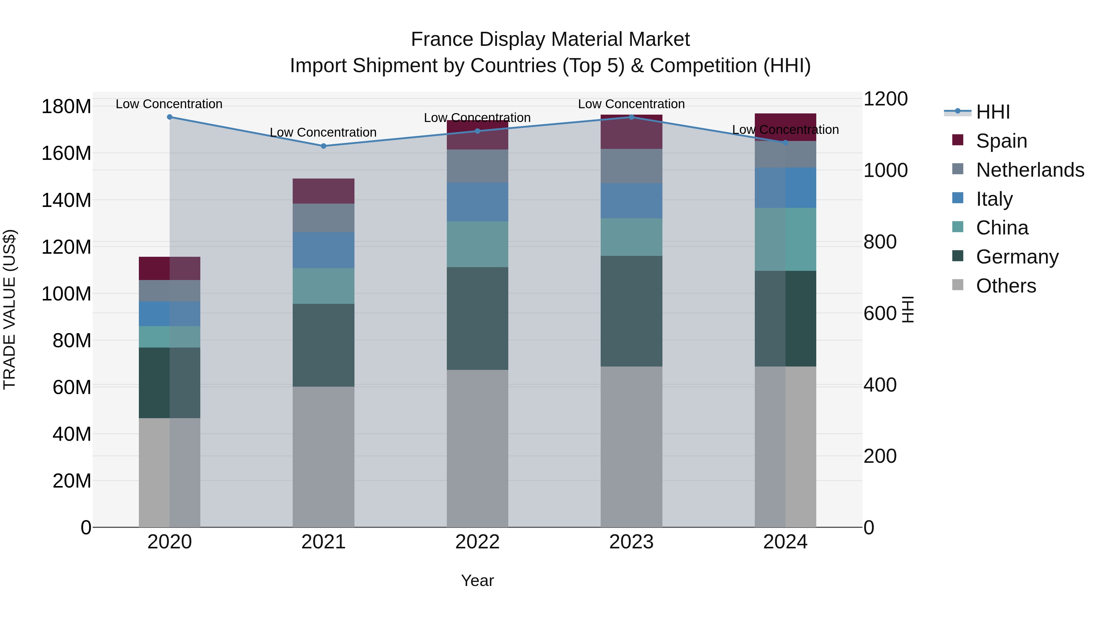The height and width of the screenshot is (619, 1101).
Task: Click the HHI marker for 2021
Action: coord(323,146)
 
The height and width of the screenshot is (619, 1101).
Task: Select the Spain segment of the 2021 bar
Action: coord(323,191)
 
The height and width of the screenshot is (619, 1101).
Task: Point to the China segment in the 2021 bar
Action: coord(323,286)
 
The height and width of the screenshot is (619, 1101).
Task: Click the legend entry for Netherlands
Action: coord(1030,170)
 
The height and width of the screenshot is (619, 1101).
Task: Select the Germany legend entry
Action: coord(1017,257)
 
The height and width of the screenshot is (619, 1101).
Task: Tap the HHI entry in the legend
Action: coord(992,112)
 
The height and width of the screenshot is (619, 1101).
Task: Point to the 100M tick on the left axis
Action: coord(66,294)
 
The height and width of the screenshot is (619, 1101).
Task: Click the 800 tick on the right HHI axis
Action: coord(880,242)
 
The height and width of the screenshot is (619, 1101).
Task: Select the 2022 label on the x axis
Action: coord(477,542)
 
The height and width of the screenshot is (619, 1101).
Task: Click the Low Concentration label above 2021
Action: coord(323,132)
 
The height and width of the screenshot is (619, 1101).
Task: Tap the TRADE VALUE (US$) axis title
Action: coord(9,309)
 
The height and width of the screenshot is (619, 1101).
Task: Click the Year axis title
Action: coord(477,580)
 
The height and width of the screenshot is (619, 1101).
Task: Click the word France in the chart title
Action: coord(442,39)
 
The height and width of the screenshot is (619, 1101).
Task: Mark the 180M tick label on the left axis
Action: coord(66,106)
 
